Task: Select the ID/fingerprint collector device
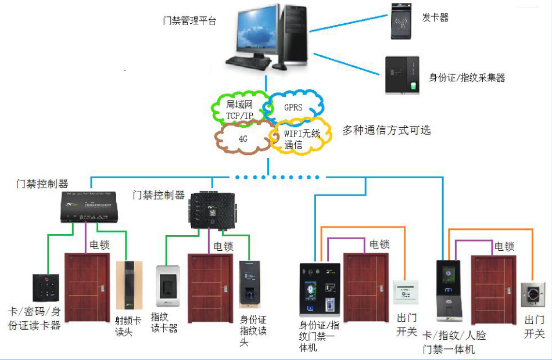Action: [x=402, y=75]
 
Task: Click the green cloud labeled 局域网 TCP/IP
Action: [x=239, y=109]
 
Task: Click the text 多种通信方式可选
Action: [x=386, y=130]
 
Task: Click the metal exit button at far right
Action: [x=533, y=295]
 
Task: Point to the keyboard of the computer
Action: [x=246, y=62]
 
